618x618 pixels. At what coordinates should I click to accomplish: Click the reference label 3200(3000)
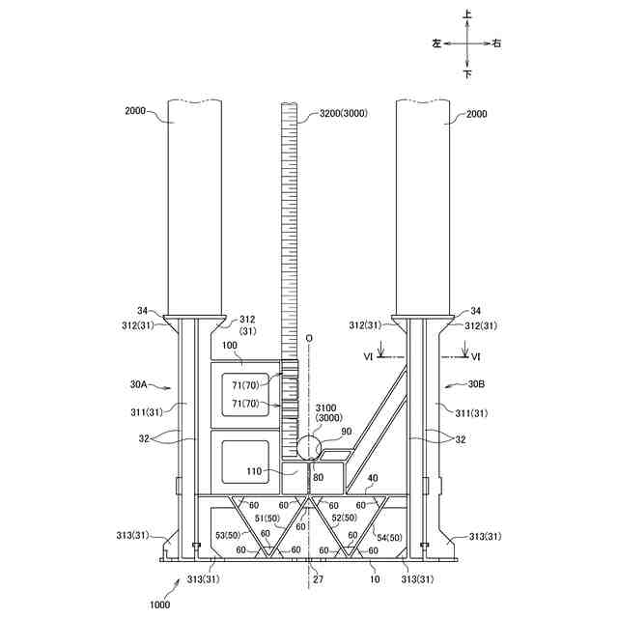point(344,114)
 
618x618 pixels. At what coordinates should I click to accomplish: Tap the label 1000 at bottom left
point(160,604)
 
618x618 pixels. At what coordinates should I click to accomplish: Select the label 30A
point(139,384)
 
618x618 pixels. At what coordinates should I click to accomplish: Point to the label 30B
point(476,384)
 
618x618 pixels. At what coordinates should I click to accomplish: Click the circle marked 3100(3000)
point(309,447)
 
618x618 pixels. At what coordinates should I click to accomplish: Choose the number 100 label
point(230,346)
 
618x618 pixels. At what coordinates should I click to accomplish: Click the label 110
point(254,471)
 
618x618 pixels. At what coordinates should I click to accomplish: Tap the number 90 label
point(347,432)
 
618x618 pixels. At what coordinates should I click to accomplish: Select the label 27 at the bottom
point(318,579)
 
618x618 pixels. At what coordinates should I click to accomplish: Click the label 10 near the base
point(375,579)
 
